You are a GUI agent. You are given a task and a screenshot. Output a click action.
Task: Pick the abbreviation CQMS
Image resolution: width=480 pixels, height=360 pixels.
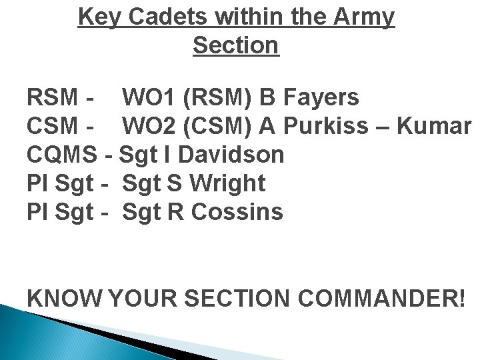(x=63, y=155)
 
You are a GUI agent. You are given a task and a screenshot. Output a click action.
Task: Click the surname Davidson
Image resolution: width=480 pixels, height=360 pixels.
(x=231, y=155)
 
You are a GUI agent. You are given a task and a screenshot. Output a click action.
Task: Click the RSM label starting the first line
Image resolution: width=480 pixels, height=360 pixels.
(x=53, y=98)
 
